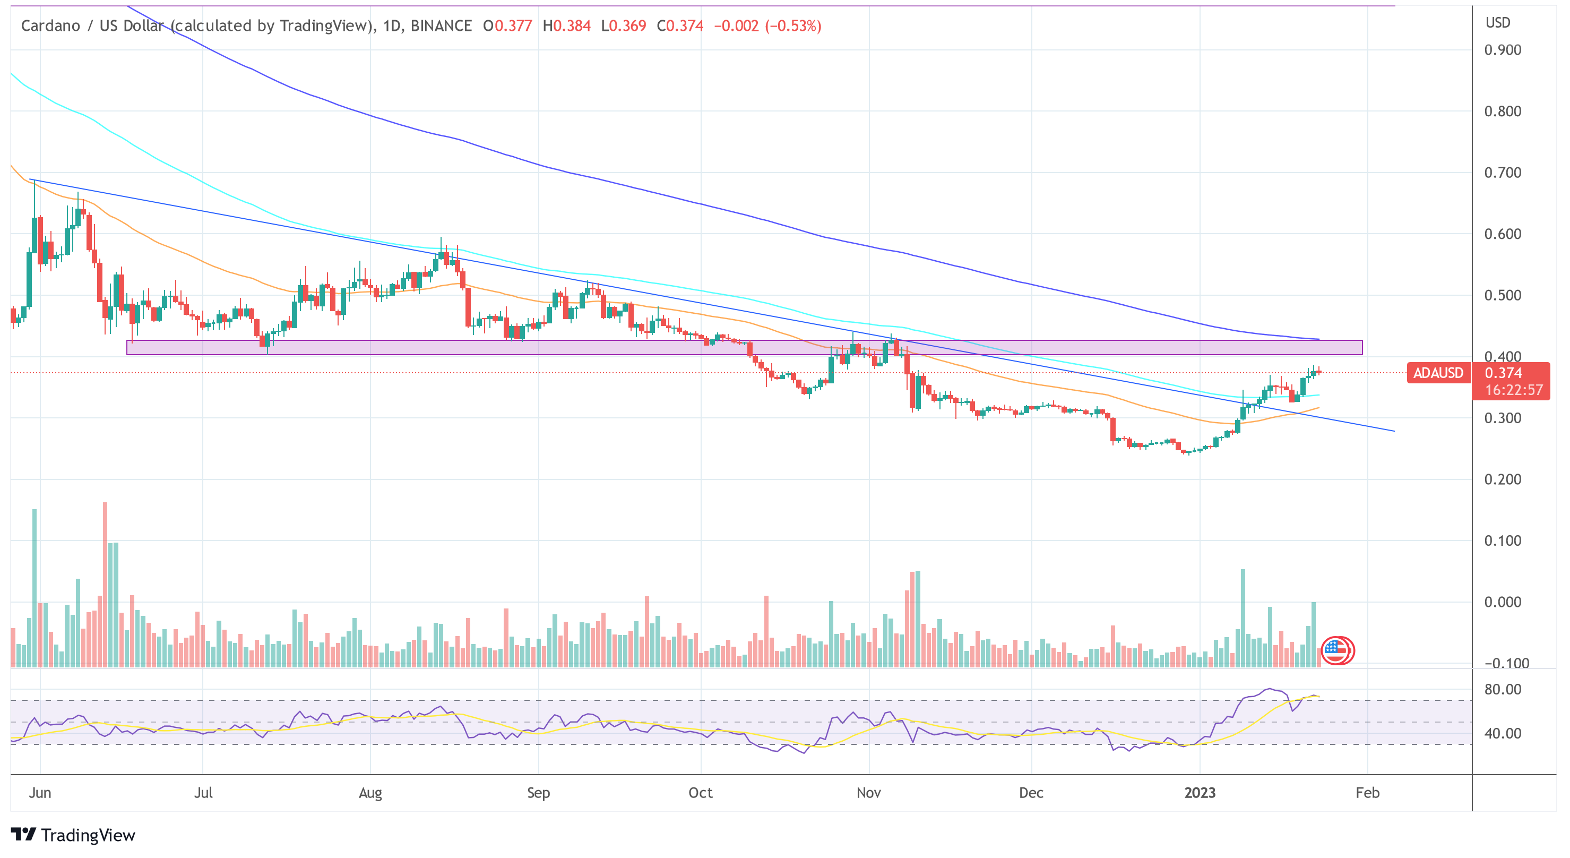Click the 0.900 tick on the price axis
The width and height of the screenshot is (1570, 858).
[1503, 50]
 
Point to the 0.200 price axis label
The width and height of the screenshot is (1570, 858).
[1503, 479]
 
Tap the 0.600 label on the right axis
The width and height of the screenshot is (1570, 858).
[1503, 234]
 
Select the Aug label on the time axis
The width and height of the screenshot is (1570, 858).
[370, 793]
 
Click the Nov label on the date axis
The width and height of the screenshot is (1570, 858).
[868, 793]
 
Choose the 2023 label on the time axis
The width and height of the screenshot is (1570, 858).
[1200, 793]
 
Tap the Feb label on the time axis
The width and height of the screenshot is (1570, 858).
[1367, 793]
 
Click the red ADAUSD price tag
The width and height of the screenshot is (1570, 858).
[1438, 373]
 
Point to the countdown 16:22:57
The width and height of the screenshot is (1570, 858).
[1514, 390]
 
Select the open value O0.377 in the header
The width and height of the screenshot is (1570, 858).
[507, 26]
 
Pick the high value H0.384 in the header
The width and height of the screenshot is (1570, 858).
[566, 26]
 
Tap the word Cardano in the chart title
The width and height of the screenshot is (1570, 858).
[50, 26]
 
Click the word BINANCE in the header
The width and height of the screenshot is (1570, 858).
[441, 26]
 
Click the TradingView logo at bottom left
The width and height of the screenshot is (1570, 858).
[73, 835]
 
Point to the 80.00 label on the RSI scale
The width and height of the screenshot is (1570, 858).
[1503, 690]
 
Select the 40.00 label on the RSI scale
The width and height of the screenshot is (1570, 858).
[1503, 734]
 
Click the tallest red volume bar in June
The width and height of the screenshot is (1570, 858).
[105, 584]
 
